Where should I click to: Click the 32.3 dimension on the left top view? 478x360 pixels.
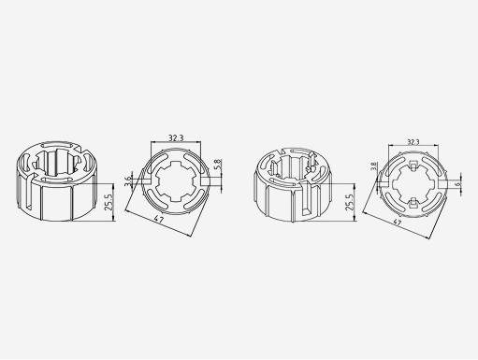click(x=176, y=137)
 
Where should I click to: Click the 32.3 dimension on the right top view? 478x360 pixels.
click(x=413, y=142)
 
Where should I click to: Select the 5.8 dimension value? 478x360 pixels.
click(x=218, y=165)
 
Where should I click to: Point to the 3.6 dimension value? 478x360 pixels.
click(x=128, y=181)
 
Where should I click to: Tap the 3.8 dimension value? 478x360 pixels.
click(x=373, y=166)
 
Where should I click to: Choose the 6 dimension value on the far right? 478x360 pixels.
click(x=457, y=184)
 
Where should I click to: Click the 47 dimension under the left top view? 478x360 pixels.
click(x=159, y=219)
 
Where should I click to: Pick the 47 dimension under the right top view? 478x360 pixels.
click(x=397, y=223)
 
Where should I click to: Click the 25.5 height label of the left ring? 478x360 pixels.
click(x=109, y=202)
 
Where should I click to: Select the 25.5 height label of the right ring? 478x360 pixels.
click(x=350, y=202)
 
